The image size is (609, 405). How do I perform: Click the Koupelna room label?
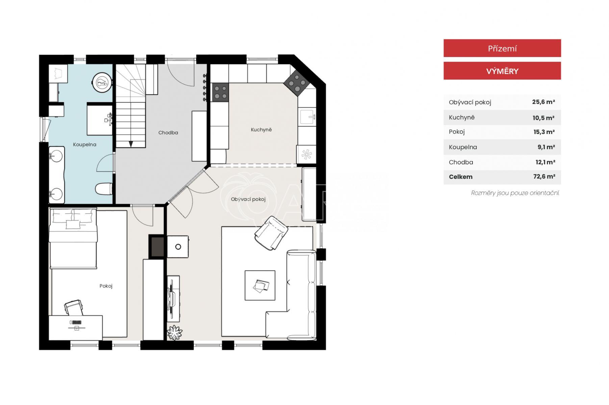coord(84,144)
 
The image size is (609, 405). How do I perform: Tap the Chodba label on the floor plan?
coord(168,133)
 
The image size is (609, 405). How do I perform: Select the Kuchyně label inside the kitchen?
coord(261,130)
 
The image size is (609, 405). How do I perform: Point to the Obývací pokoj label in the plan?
coord(248,199)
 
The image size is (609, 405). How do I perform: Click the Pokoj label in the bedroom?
coord(106,286)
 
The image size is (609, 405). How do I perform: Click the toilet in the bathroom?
coord(104,189)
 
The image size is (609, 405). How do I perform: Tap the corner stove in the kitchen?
coord(297,83)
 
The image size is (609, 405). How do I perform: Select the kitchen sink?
coord(307,117)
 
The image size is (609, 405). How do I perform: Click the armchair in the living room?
coord(271,233)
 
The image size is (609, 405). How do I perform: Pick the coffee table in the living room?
coord(260,285)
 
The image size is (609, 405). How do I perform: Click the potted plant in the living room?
coord(175,332)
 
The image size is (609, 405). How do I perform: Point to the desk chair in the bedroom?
coord(74,307)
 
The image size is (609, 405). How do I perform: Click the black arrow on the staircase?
coord(131,144)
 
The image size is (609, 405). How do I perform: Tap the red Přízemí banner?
coord(502,48)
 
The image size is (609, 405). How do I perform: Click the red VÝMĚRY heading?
coord(502,71)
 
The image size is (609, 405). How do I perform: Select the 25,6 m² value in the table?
coord(543,102)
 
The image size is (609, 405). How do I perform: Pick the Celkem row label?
coord(460,177)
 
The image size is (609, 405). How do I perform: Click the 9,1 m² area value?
coord(546,147)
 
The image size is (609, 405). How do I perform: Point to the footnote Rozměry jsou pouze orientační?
coord(515,193)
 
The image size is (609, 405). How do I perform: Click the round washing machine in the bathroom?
coord(102,82)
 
